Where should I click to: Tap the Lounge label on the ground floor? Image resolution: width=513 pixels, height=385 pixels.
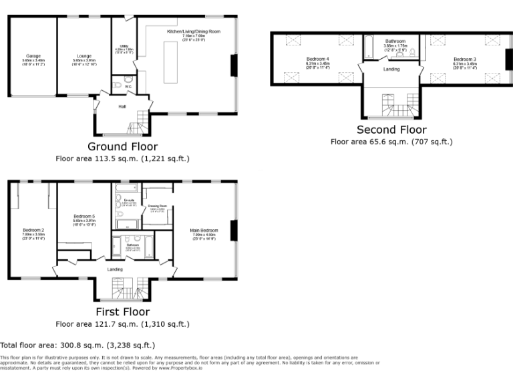pos(82,56)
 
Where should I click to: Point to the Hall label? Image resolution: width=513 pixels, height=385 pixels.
pos(122,106)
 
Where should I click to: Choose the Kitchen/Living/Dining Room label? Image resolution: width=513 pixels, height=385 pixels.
pos(194,31)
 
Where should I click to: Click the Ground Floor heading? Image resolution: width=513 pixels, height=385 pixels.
pos(122,146)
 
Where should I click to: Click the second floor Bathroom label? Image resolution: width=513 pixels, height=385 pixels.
pos(395,41)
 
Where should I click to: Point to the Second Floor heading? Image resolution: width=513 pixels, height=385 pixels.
pos(391,130)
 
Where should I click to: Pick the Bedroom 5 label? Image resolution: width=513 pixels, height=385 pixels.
pos(84,217)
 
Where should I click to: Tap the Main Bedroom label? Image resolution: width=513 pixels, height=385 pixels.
pos(205,231)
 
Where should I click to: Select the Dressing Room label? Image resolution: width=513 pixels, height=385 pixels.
pos(158,207)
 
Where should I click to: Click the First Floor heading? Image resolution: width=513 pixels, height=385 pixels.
pos(122,311)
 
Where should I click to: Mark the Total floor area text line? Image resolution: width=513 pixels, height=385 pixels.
pos(77,346)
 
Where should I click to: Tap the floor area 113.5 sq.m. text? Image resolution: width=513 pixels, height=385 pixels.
pos(122,159)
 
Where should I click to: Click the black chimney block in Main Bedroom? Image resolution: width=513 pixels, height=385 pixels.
pos(233,230)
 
